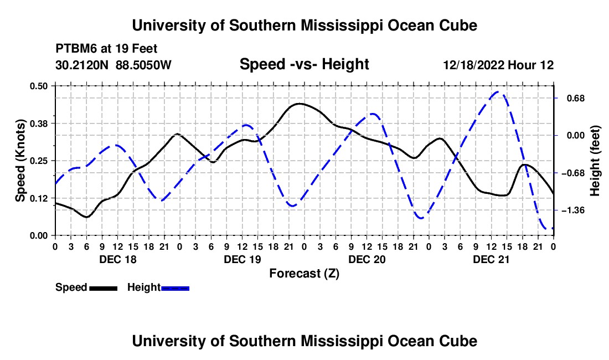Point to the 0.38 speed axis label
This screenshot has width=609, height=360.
(39, 124)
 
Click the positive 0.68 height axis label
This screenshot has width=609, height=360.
(576, 98)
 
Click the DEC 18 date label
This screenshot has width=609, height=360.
(118, 259)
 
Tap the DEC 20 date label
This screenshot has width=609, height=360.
(367, 259)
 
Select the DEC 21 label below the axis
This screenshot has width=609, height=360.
(491, 259)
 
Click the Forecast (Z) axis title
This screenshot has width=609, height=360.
(304, 274)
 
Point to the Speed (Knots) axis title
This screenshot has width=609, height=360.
(20, 161)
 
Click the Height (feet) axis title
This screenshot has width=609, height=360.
(595, 161)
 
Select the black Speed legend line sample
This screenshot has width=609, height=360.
(104, 288)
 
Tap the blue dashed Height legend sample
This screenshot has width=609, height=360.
(175, 288)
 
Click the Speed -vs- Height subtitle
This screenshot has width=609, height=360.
(304, 64)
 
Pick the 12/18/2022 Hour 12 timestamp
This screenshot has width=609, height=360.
(498, 65)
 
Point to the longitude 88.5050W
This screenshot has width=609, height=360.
(143, 65)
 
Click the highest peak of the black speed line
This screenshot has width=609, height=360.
(299, 104)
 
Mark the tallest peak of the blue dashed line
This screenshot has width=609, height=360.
(499, 92)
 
